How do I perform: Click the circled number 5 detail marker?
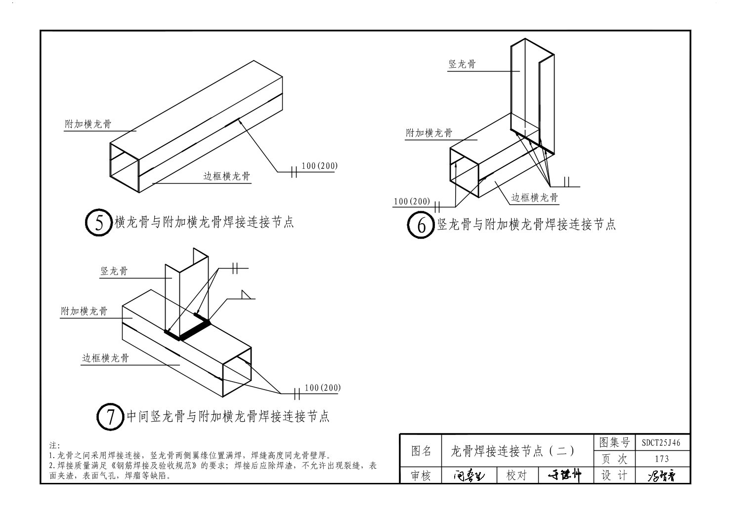(99, 223)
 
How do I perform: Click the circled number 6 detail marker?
(421, 225)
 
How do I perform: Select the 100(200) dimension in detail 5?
(319, 166)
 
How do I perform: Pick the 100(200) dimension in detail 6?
(412, 201)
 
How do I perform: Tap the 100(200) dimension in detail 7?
(323, 388)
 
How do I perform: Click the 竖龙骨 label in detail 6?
(462, 64)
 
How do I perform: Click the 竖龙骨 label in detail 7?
(114, 271)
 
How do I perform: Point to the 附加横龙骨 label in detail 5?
(88, 124)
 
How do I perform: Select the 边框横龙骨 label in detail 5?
(227, 176)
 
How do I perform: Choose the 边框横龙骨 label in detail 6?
(534, 198)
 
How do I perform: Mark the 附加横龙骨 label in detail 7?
(84, 312)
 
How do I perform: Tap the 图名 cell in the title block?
(421, 451)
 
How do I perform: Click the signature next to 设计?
(661, 475)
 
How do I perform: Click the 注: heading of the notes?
(55, 446)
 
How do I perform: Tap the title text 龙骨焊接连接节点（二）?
(513, 451)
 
